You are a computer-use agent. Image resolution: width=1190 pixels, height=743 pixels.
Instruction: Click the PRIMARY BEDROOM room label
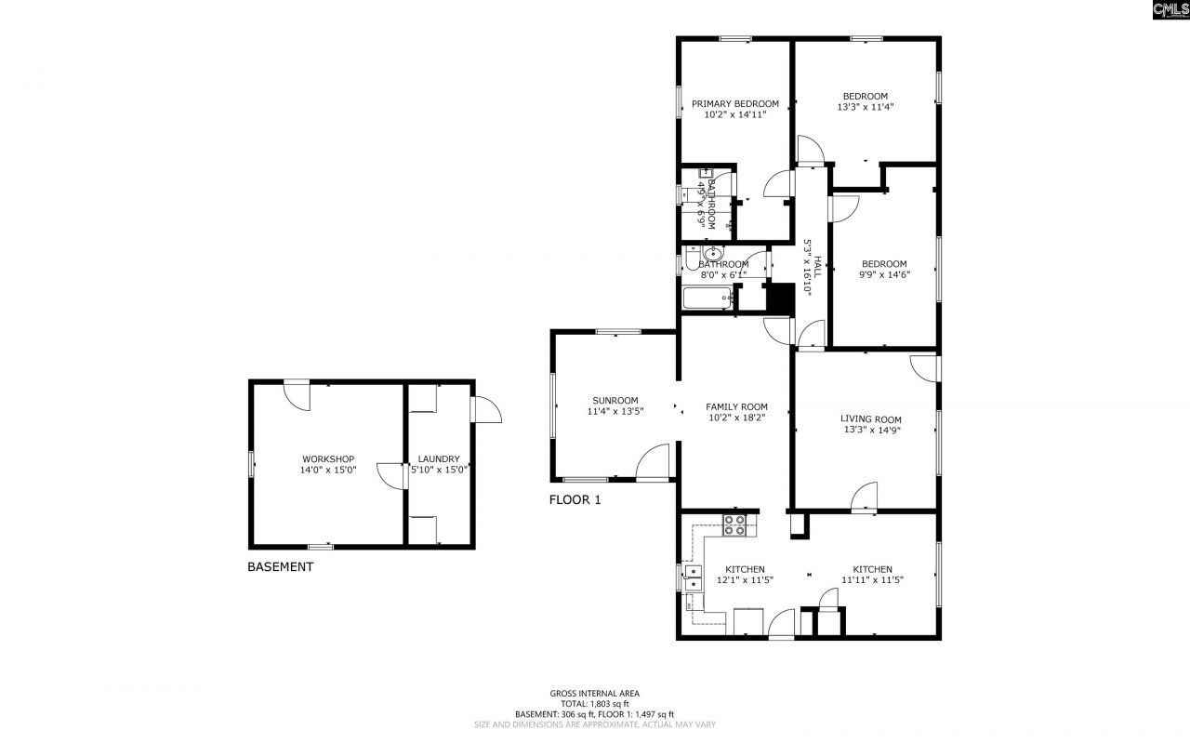coord(734,104)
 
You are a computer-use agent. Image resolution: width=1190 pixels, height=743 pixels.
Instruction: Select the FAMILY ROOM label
coord(736,406)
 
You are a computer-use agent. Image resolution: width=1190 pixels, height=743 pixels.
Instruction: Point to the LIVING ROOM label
coord(870,419)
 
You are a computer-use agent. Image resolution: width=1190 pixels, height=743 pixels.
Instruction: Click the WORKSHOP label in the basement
coord(328,459)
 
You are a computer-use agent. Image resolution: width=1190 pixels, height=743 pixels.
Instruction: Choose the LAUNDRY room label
coord(439,459)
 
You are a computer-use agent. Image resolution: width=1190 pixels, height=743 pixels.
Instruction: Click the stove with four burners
coord(734,525)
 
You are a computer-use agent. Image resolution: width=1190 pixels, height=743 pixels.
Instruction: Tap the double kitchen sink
coord(693,577)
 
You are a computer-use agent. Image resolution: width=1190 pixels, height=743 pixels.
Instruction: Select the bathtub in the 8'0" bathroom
coord(707,299)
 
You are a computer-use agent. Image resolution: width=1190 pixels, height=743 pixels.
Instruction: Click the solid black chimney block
coord(779,299)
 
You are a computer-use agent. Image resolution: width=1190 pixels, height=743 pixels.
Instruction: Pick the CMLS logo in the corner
coord(1170,10)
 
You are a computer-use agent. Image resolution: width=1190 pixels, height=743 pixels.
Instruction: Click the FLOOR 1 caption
coord(575,500)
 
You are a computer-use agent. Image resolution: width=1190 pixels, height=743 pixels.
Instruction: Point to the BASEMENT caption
coord(280,567)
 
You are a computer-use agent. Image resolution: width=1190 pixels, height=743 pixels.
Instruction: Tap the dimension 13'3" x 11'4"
coord(866,107)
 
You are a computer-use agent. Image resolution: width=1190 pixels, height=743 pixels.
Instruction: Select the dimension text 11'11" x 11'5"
coord(872,580)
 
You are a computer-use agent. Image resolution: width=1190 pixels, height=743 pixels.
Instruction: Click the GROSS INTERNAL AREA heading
coord(594,693)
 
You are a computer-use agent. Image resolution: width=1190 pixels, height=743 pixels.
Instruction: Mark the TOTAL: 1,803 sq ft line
coord(594,704)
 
